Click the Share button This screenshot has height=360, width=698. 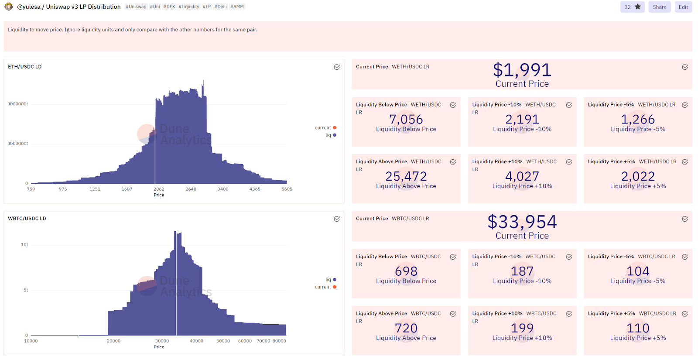(x=659, y=7)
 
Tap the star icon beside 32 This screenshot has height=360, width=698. (x=638, y=7)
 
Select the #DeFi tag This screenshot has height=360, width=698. (x=220, y=7)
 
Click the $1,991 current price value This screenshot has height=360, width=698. (x=522, y=70)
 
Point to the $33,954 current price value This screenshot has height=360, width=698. (x=522, y=222)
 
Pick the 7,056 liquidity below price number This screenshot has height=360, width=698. (x=406, y=119)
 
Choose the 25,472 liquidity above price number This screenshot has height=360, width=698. (x=406, y=176)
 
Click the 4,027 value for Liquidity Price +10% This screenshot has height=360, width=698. (x=522, y=176)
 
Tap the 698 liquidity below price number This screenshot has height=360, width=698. (x=406, y=271)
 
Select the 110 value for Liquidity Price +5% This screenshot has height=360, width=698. (x=638, y=328)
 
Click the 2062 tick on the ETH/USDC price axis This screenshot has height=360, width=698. (x=159, y=189)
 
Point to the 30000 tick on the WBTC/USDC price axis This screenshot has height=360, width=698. (x=162, y=341)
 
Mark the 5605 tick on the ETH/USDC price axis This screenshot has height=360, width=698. (x=287, y=189)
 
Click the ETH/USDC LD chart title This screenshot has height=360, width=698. (x=25, y=67)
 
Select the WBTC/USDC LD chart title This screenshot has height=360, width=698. (x=27, y=219)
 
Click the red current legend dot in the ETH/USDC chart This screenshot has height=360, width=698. (x=335, y=128)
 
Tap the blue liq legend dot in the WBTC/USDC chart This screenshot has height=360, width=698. (x=335, y=280)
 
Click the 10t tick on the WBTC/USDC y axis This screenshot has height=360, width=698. (x=24, y=245)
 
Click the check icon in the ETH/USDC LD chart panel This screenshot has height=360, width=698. (x=337, y=67)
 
